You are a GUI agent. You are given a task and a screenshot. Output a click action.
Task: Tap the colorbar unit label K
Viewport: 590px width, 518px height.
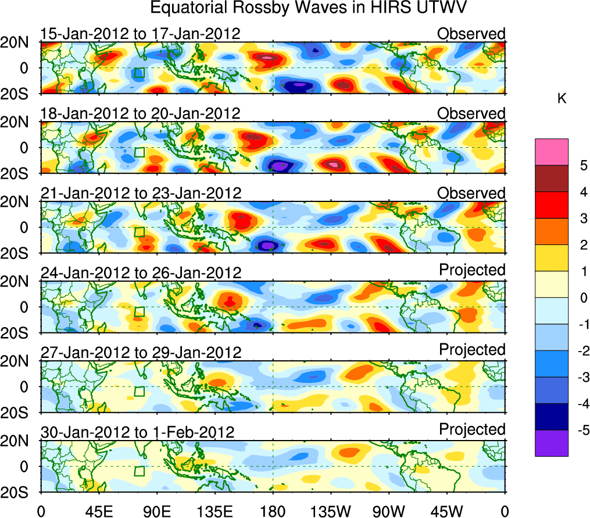562,100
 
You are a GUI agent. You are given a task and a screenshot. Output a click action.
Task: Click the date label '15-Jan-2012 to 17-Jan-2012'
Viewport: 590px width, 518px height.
140,34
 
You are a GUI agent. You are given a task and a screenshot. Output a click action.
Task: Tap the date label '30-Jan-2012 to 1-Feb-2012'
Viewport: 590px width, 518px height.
137,432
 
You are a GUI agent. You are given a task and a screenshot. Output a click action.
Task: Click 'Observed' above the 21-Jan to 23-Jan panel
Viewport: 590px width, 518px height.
471,193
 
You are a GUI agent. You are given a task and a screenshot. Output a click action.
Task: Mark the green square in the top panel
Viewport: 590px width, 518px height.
139,73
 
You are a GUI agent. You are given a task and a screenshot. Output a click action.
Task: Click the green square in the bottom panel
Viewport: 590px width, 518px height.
139,471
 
